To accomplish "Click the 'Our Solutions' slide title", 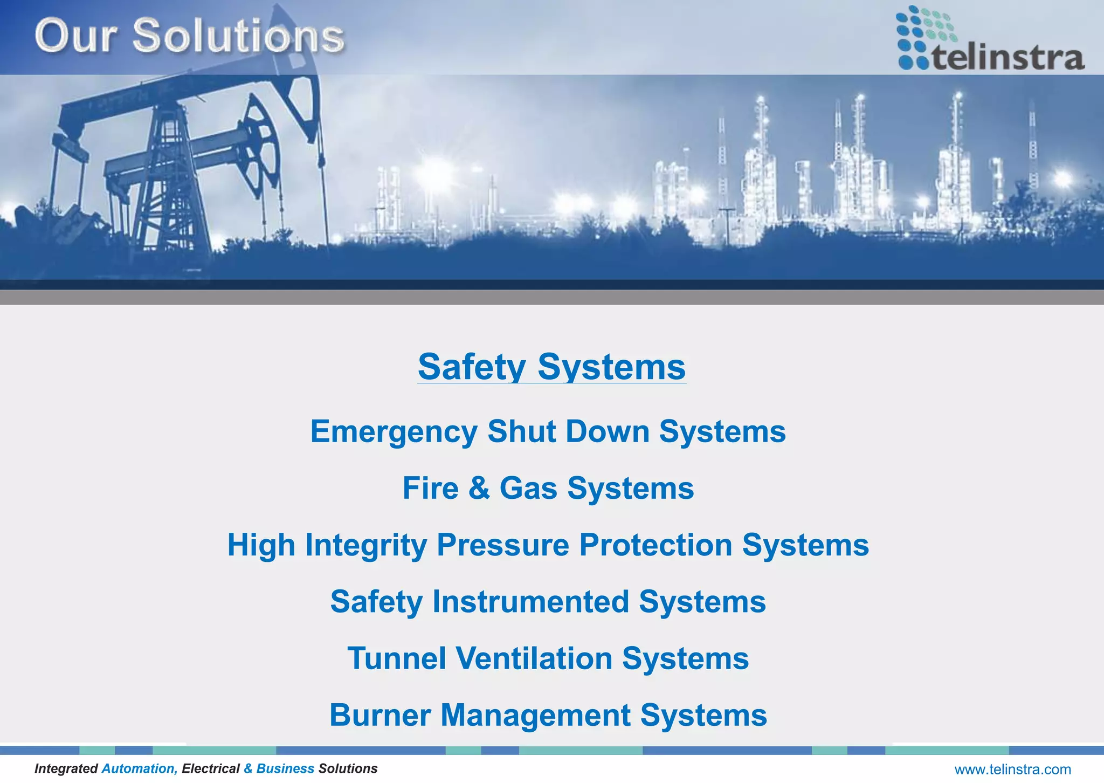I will [189, 36].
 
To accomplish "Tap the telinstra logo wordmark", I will [1008, 58].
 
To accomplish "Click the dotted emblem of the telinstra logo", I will [923, 36].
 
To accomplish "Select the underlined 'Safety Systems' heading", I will [551, 367].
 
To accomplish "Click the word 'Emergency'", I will [394, 432].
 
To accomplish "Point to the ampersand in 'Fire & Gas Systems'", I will [479, 489].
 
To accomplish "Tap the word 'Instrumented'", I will [530, 602].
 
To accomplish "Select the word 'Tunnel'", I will [397, 658].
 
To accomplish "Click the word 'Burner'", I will [380, 715].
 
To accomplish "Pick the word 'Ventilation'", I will [534, 658].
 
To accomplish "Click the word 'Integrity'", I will [366, 546].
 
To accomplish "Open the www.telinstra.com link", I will [1012, 770].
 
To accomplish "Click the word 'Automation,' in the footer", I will [140, 768].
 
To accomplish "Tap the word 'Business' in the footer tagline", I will [285, 768].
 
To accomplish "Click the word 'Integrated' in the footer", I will [66, 768].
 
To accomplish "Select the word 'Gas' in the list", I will [528, 489].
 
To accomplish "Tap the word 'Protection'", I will [655, 545].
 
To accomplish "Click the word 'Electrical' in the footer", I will [211, 768].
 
